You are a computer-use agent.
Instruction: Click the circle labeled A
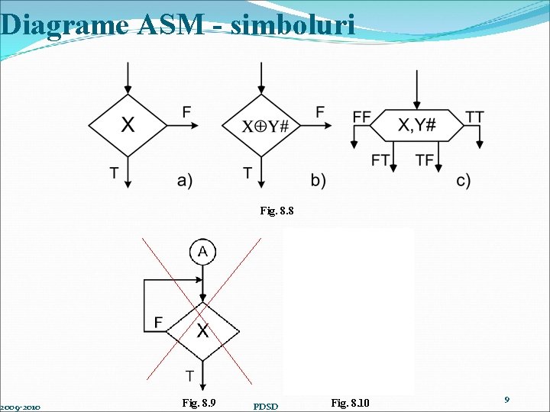click(202, 252)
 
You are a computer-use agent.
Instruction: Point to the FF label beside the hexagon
click(361, 117)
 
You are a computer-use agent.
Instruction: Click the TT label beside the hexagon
click(474, 117)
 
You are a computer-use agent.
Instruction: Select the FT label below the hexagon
click(380, 159)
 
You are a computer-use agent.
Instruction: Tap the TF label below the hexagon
click(425, 159)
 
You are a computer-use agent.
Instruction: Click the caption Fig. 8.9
click(199, 402)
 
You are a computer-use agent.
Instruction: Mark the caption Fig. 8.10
click(350, 402)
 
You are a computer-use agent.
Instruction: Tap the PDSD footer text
click(266, 406)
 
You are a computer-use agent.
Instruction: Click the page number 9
click(506, 399)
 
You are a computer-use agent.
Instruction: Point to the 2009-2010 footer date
click(20, 407)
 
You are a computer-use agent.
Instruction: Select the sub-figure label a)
click(185, 180)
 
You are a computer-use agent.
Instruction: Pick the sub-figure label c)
click(464, 180)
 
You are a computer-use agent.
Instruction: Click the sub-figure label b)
click(319, 180)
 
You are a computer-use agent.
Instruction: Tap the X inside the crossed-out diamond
click(203, 331)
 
